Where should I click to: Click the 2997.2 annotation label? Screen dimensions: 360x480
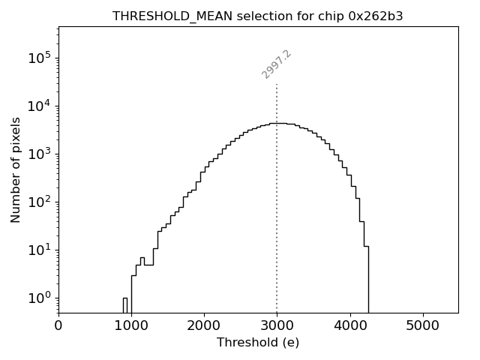pyautogui.click(x=276, y=64)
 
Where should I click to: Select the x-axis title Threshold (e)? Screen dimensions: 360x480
pyautogui.click(x=258, y=343)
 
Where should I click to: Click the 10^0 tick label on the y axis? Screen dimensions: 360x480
pyautogui.click(x=40, y=298)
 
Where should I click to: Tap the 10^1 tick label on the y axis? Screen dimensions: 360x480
pyautogui.click(x=40, y=250)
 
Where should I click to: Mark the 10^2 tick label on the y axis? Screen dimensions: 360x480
pyautogui.click(x=40, y=202)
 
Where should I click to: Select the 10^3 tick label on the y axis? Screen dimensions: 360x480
pyautogui.click(x=40, y=154)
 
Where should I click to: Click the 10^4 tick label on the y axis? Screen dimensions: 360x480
pyautogui.click(x=40, y=106)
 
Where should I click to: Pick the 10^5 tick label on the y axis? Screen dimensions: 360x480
pyautogui.click(x=40, y=58)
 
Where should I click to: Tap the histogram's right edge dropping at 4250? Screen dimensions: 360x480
pyautogui.click(x=368, y=277)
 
